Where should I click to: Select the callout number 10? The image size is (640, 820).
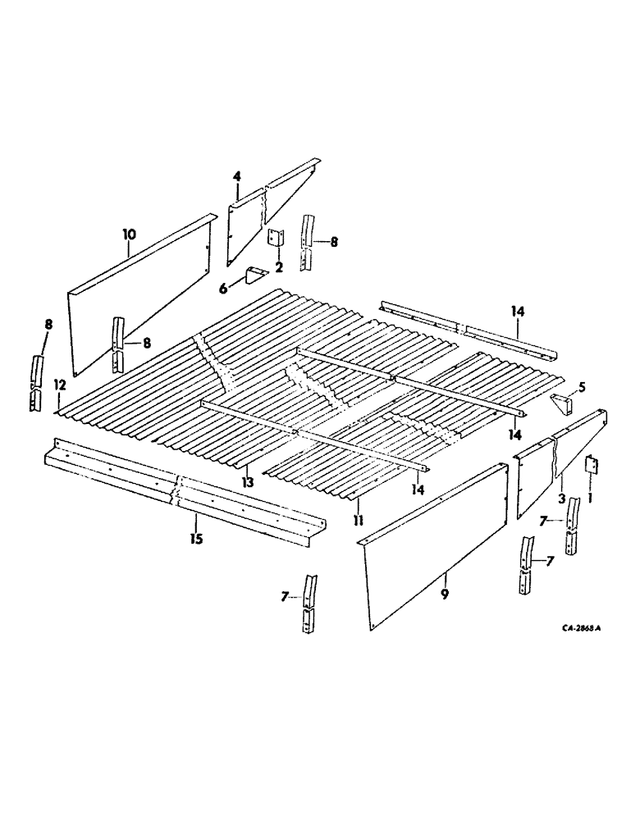(128, 235)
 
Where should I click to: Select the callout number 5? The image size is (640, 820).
(581, 385)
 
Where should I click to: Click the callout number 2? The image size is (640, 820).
(279, 266)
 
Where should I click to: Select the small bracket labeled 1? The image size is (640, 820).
(591, 466)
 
